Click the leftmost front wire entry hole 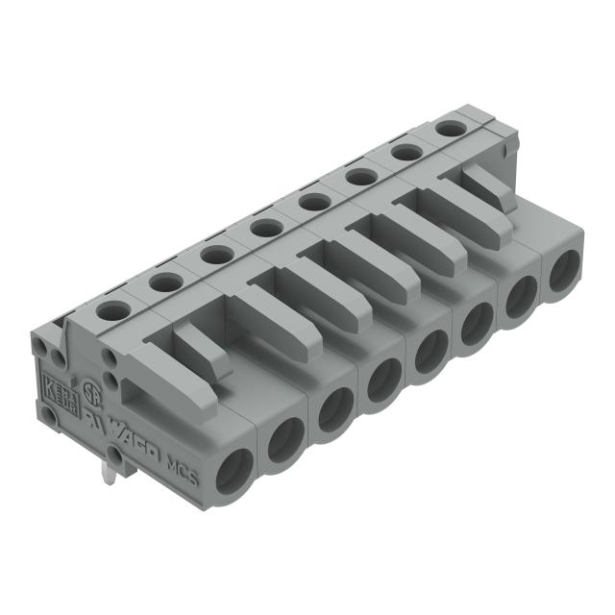(234, 471)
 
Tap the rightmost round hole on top (448, 128)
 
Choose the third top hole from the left (215, 255)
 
